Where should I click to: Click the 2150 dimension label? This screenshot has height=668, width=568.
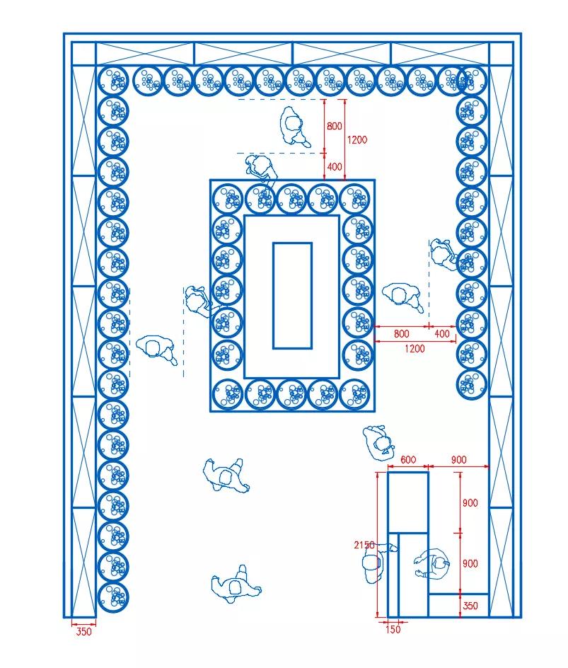click(364, 545)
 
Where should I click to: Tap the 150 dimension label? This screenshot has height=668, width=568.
click(393, 629)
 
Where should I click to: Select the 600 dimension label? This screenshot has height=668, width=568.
click(408, 459)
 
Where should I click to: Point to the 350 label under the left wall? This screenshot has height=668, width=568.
click(83, 631)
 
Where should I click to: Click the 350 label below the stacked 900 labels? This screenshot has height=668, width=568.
click(470, 606)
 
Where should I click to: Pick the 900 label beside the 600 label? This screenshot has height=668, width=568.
click(458, 459)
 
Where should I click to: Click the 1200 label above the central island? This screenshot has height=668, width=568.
click(357, 139)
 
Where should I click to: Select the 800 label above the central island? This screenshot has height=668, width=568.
click(335, 126)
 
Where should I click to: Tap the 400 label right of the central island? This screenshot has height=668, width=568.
click(442, 333)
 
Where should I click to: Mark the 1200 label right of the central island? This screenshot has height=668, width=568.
click(415, 348)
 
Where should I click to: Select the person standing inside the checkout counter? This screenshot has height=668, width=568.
click(431, 563)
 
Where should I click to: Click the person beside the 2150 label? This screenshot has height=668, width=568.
click(375, 563)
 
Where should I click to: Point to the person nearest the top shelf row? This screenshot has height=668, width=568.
click(294, 126)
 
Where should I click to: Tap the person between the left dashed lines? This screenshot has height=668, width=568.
click(157, 347)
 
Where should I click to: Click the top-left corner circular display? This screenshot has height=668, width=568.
click(113, 81)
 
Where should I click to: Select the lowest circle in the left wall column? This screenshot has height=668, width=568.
click(113, 597)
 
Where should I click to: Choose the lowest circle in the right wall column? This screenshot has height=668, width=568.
click(471, 384)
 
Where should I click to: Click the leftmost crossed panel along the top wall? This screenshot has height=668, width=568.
click(145, 54)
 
